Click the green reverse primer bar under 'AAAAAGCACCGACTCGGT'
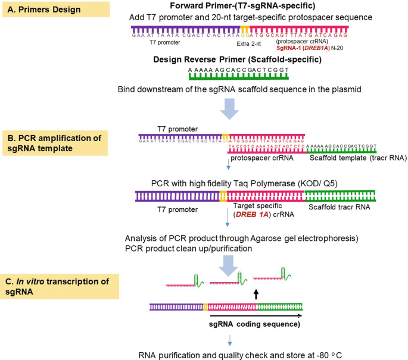[x=238, y=76]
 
